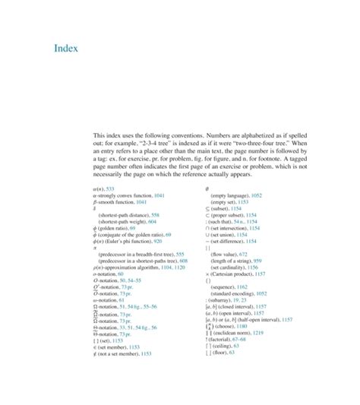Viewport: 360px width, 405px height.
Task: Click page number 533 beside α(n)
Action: pyautogui.click(x=109, y=187)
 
